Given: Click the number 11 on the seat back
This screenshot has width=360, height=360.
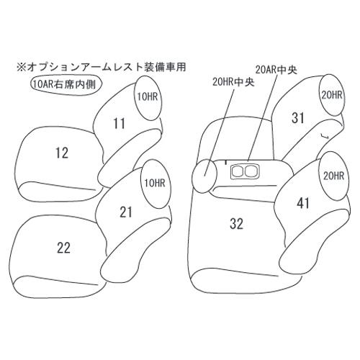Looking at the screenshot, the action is coord(120,124).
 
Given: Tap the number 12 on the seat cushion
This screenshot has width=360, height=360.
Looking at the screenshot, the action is coord(62,153).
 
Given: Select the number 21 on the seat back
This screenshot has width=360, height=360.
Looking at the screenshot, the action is coord(126,212).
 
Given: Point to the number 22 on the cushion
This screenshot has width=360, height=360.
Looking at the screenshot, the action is coord(63,248).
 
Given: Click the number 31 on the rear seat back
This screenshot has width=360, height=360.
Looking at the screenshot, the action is coord(297,118).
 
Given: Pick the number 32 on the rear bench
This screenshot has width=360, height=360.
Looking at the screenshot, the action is coord(236,224).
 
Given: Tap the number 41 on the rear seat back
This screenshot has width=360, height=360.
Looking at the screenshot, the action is coord(303,204).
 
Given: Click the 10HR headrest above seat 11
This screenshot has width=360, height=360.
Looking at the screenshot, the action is coord(148,99).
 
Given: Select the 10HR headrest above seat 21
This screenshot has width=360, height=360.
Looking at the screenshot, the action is coord(155,184).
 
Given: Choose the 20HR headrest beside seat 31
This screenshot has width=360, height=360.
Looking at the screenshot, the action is coord(331,95).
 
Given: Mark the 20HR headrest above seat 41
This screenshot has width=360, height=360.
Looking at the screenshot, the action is coord(334,176).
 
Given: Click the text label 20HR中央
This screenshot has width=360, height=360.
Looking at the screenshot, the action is coord(233,83).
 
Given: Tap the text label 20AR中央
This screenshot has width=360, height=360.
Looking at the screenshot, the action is coord(276,70).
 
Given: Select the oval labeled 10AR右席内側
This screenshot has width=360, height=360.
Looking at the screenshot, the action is coord(66,85).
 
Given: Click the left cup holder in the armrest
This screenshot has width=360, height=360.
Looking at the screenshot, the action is coord(237,171).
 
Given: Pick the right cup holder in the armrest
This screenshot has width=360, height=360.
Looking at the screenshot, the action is coord(251,171).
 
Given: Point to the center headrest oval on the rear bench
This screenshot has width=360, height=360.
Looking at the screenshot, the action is coord(204,176).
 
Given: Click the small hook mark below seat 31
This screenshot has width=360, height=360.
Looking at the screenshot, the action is coord(325,136).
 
